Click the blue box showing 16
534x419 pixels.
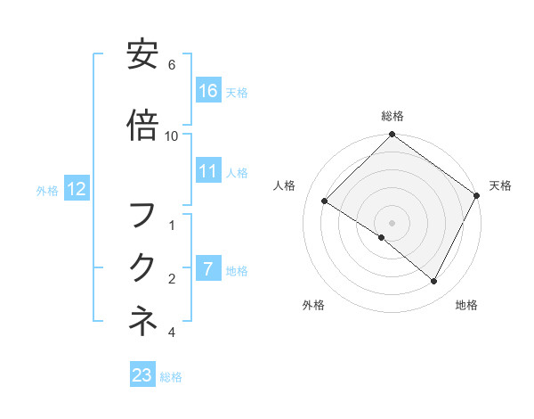click(x=208, y=91)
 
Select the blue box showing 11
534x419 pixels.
click(x=208, y=171)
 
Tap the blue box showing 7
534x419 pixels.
click(x=208, y=268)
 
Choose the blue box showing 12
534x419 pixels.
click(x=76, y=189)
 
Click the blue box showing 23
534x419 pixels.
click(x=142, y=375)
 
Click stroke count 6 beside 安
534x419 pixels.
click(x=172, y=65)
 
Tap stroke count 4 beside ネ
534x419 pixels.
click(x=172, y=333)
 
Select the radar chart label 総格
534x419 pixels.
click(x=392, y=116)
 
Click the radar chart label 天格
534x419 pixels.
click(x=500, y=185)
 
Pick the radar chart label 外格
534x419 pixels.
click(x=313, y=305)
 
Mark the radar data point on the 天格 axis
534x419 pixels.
click(x=477, y=195)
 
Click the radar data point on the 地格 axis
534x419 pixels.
click(x=434, y=282)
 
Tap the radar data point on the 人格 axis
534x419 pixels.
click(x=324, y=201)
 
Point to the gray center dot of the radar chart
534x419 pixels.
click(x=392, y=222)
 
